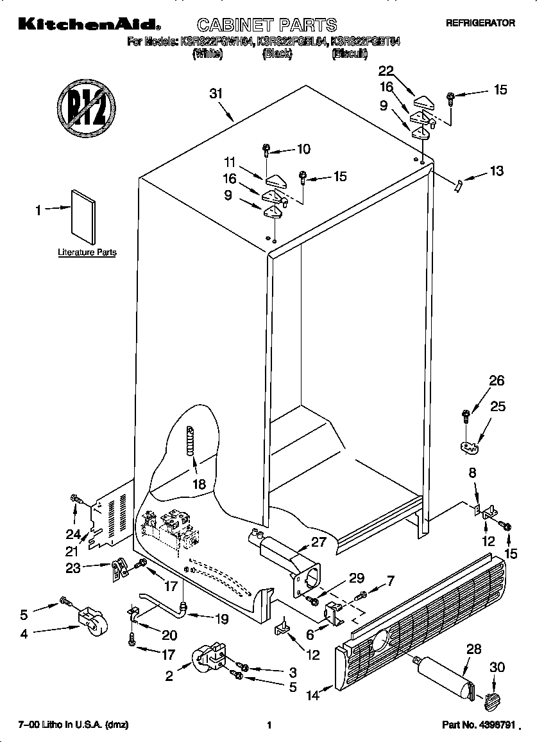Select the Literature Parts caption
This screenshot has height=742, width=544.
coord(87,252)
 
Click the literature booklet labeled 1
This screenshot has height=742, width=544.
coord(83,215)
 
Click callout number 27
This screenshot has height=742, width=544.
coord(318,542)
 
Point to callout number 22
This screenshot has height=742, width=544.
coord(386,71)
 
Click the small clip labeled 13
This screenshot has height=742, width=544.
coord(457,186)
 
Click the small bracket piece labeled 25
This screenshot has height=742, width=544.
coord(471,445)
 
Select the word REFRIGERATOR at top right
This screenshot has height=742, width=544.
coord(480,22)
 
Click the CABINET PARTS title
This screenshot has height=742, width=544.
coord(266,25)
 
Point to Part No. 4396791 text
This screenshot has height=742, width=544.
coord(479,725)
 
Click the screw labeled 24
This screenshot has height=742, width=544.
coord(76,499)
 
